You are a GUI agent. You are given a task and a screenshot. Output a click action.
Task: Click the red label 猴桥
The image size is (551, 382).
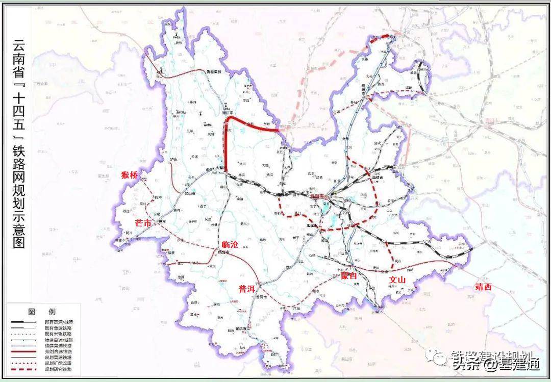tap(130, 175)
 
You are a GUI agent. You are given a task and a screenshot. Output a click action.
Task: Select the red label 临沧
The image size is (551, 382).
tap(231, 245)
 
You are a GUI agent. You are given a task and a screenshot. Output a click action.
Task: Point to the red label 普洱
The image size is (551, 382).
tap(246, 289)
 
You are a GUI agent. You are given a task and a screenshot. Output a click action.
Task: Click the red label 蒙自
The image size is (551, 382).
tap(348, 276)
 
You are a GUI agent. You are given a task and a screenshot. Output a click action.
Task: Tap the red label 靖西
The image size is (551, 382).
tap(483, 287)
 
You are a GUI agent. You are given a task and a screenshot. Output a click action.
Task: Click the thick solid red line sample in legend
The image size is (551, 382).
tap(23, 351)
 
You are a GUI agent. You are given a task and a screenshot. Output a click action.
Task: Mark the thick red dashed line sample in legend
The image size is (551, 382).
tap(23, 368)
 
